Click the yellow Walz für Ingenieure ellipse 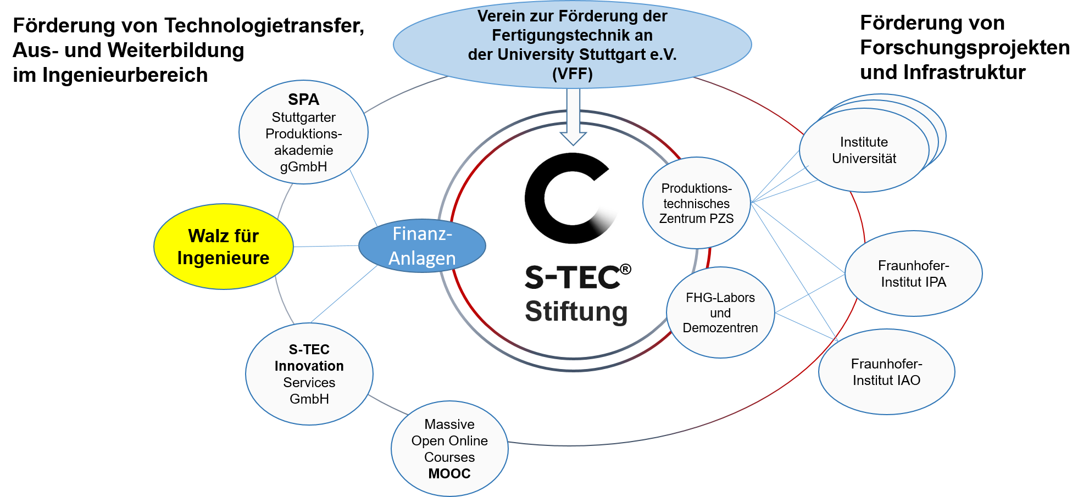point(223,247)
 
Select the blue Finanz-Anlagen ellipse point(422,246)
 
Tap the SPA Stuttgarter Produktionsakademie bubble point(303,132)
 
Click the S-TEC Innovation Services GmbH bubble point(309,374)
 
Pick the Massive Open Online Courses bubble point(449,449)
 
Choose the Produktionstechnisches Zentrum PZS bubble point(696,203)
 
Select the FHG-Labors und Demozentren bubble point(720,312)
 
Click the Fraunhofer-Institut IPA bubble point(913,273)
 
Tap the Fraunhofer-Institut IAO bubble point(886,372)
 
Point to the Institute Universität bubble point(864,150)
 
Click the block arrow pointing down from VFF point(573,118)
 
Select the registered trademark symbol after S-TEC point(625,269)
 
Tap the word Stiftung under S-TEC point(576,311)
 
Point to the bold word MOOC point(449,473)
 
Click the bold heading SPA point(303,99)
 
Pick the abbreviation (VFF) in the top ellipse point(572,74)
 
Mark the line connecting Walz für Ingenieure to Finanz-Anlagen point(326,246)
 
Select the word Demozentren point(720,328)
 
